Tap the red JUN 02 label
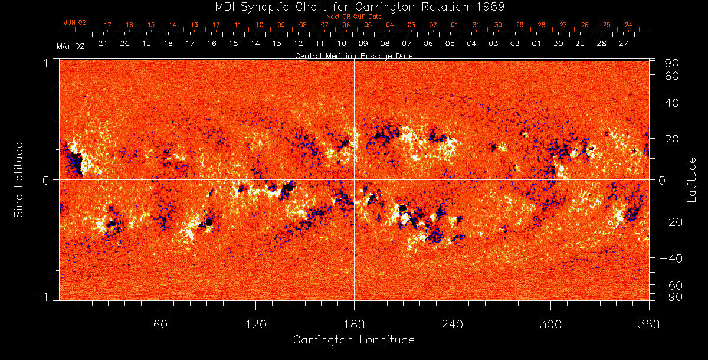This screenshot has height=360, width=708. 74,22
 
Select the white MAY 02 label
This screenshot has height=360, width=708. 70,46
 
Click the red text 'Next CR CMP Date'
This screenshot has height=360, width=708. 354,17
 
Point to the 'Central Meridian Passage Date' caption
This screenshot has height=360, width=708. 353,56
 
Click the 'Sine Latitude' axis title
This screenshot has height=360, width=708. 19,179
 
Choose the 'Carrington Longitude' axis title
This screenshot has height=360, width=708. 353,340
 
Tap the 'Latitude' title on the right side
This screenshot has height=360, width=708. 692,179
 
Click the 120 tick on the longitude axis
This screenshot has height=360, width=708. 255,323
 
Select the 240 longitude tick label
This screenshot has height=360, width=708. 452,323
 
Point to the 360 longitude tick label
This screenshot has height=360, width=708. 648,323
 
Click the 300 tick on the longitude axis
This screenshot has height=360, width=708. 550,323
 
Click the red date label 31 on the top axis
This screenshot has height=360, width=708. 476,25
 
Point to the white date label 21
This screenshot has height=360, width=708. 103,44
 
